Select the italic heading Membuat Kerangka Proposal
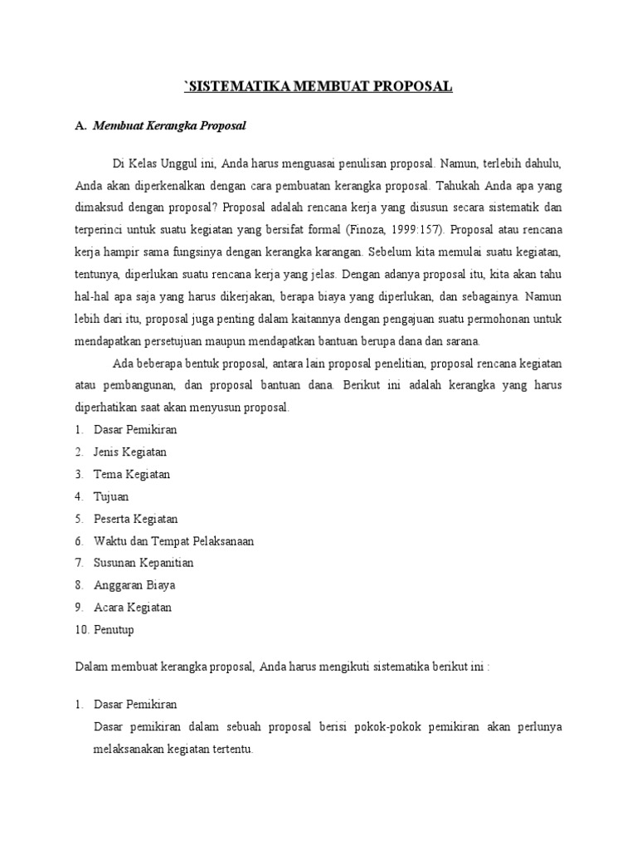click(170, 126)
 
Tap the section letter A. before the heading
click(80, 126)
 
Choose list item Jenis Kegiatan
click(130, 452)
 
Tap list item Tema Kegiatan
click(132, 474)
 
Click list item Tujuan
click(111, 496)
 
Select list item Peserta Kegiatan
click(136, 519)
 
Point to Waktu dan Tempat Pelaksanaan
click(173, 541)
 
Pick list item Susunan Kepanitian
click(143, 563)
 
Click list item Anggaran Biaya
click(134, 585)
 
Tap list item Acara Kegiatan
click(133, 608)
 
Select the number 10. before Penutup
click(81, 630)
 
